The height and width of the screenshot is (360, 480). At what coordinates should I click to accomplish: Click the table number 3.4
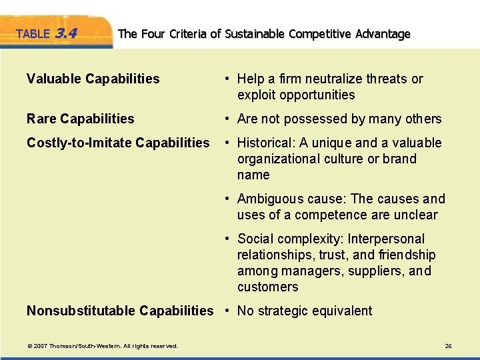coord(69,32)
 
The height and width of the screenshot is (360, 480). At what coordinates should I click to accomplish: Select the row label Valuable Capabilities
coord(93,79)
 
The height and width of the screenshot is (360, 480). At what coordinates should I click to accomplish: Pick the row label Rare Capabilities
coord(80,119)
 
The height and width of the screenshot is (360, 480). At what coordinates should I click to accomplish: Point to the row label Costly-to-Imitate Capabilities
coord(118,143)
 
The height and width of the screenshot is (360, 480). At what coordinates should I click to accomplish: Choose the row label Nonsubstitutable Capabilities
coord(120,311)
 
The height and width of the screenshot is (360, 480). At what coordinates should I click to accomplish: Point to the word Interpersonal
coord(387,239)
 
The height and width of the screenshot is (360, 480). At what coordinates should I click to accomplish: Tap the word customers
coord(267,287)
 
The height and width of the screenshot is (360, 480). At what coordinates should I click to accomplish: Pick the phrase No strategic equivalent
coord(305,311)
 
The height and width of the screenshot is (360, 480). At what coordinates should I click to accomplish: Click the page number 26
coord(448,346)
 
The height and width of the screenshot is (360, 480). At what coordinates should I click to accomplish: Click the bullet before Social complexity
coord(228,239)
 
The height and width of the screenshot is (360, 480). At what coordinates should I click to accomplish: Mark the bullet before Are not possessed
coord(228,119)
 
